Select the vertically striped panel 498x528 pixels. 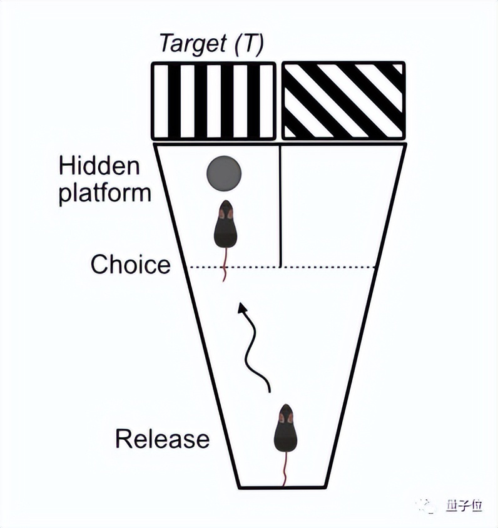pos(213,100)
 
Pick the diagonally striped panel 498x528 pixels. pos(343,100)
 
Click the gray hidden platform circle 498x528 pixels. pos(225,173)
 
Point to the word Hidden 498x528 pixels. pos(99,166)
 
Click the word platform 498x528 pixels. pos(105,192)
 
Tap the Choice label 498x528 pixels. pos(130,264)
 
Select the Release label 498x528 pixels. pos(162,439)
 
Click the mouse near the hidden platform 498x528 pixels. pos(225,226)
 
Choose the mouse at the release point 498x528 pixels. pos(285,430)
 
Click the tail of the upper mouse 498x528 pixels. pos(225,265)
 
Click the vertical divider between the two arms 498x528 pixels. pos(279,206)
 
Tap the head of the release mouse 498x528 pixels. pos(285,413)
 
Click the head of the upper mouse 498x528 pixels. pos(225,210)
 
